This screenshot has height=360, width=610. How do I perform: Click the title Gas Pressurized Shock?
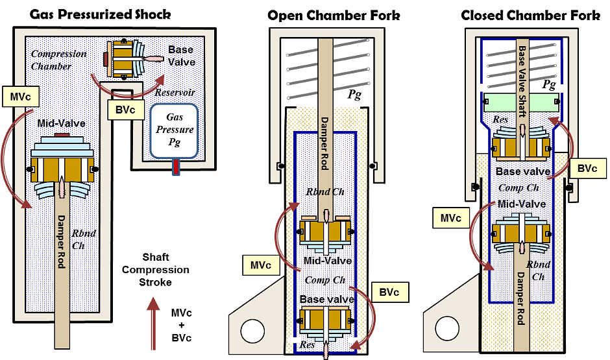(101, 14)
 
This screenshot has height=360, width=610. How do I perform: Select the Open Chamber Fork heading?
(334, 14)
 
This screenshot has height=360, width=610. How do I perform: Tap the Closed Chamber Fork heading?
(530, 14)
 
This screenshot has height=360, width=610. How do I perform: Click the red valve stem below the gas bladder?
(175, 167)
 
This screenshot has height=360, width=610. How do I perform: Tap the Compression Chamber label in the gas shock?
(59, 59)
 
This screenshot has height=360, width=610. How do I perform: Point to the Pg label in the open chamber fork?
(355, 95)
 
